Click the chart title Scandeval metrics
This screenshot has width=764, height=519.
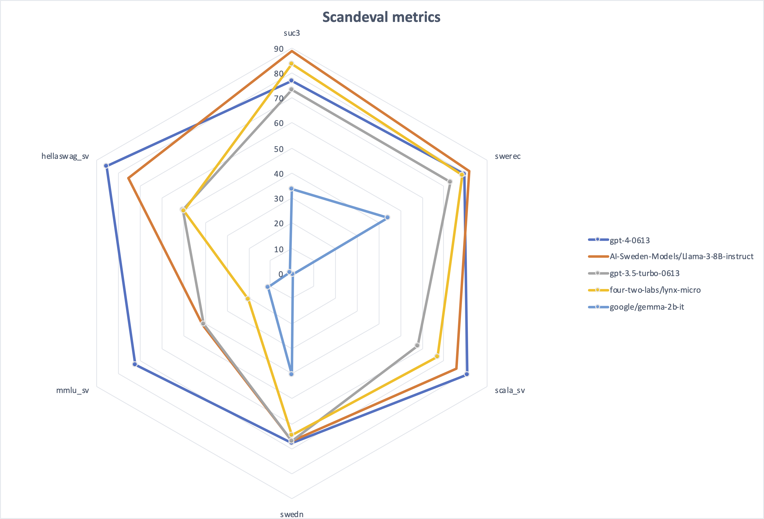click(x=381, y=17)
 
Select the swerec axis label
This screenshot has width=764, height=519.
click(x=508, y=156)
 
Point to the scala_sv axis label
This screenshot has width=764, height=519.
click(x=509, y=390)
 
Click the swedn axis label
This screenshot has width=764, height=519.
click(x=292, y=514)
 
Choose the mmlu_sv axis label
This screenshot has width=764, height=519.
click(x=72, y=390)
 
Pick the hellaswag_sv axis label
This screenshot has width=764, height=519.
click(x=65, y=156)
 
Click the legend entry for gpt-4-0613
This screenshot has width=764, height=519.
click(x=630, y=240)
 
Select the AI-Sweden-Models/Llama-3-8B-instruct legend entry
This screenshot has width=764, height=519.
click(x=681, y=256)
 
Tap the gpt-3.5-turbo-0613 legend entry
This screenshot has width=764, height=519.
click(x=644, y=273)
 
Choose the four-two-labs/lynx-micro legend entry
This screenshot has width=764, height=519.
click(x=655, y=290)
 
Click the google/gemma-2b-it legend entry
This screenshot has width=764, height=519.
click(x=647, y=307)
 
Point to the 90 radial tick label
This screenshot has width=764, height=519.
click(x=279, y=49)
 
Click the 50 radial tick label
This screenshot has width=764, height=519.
click(x=279, y=149)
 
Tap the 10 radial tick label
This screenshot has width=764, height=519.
click(x=279, y=249)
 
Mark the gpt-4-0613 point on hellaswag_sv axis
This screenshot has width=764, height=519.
click(x=106, y=166)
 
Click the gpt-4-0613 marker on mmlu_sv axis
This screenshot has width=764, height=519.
click(x=134, y=364)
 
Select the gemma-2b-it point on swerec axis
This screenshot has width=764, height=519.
click(x=387, y=217)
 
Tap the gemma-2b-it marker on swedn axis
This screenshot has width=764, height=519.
click(x=291, y=374)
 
